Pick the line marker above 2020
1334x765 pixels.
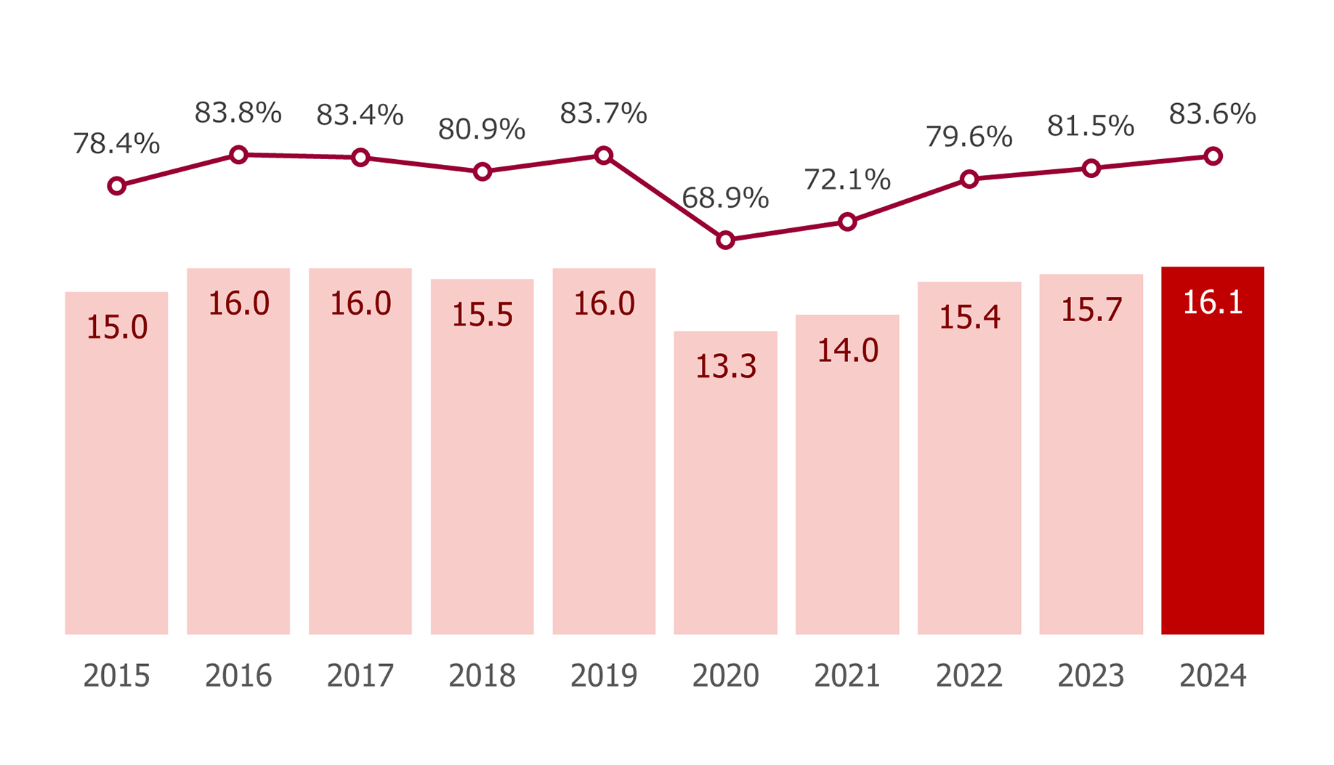click(725, 240)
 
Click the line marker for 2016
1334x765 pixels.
click(238, 155)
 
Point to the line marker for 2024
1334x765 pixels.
click(1213, 156)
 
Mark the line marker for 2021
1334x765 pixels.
click(847, 222)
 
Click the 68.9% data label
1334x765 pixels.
click(725, 198)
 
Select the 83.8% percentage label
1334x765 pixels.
click(238, 113)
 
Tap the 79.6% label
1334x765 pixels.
click(969, 137)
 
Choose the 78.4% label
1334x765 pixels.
click(116, 143)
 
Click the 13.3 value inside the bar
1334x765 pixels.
click(726, 366)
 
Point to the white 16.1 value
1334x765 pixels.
click(1213, 302)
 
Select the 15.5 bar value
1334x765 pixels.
click(482, 315)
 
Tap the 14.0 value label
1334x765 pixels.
click(847, 350)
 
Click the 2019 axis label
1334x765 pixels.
click(604, 676)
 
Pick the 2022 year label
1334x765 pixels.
click(969, 676)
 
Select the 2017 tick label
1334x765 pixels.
click(360, 676)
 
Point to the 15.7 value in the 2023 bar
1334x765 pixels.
click(1091, 309)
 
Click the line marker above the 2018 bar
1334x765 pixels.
click(482, 171)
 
